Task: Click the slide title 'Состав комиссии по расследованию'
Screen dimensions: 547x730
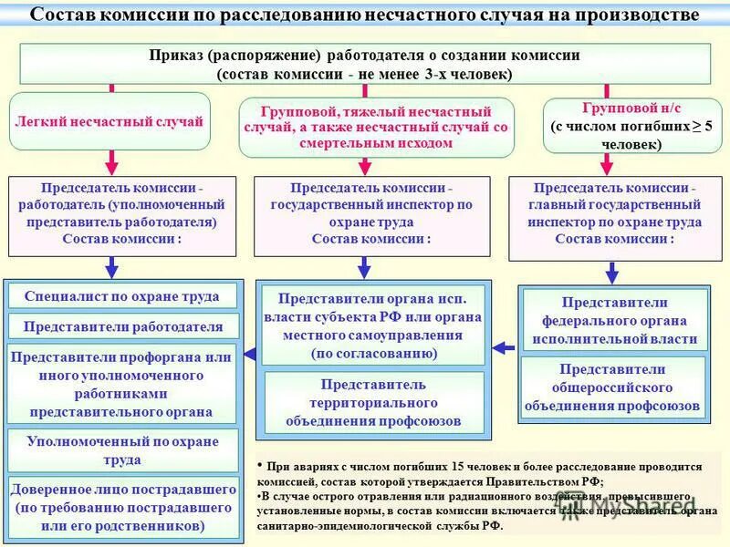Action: [365, 15]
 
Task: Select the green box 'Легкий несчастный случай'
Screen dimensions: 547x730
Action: [109, 121]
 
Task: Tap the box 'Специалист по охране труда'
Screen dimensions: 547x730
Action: [121, 295]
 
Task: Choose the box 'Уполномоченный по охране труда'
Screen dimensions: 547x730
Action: [121, 449]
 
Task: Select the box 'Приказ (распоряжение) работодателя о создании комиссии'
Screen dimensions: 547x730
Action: [365, 64]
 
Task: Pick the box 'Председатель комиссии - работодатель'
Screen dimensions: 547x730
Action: [121, 213]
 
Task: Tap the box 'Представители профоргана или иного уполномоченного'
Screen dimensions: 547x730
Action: [121, 384]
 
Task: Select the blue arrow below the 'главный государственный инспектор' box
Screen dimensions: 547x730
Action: [612, 272]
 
